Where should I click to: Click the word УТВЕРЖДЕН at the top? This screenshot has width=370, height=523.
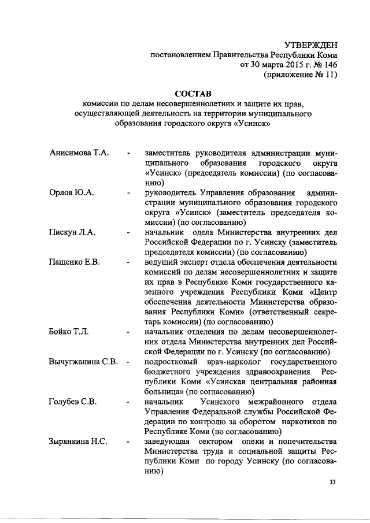(312, 44)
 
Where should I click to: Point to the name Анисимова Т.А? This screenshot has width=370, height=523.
(79, 153)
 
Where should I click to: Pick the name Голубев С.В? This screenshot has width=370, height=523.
(73, 402)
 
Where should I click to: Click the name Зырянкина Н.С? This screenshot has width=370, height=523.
(78, 442)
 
